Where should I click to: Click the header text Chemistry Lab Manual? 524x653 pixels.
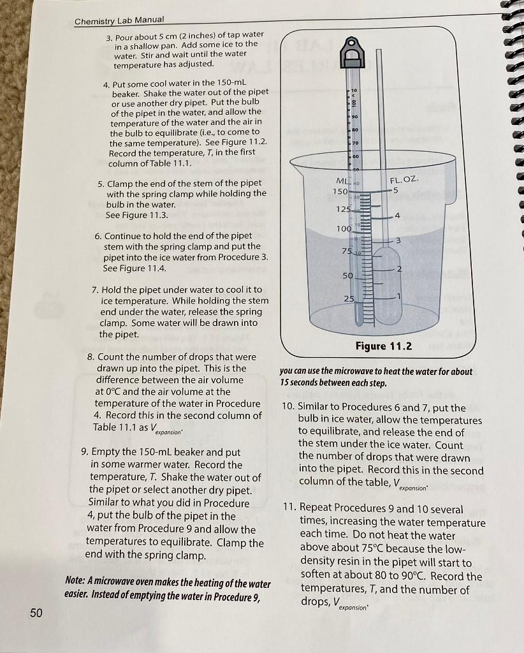119,21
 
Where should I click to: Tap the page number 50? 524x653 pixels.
36,613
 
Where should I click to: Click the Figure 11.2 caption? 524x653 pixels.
383,346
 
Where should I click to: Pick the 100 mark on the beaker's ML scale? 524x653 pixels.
344,228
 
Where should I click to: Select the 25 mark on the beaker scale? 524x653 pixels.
348,299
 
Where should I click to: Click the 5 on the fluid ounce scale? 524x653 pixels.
396,191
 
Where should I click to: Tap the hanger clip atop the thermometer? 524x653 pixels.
353,53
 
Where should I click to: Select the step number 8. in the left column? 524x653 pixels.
91,356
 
